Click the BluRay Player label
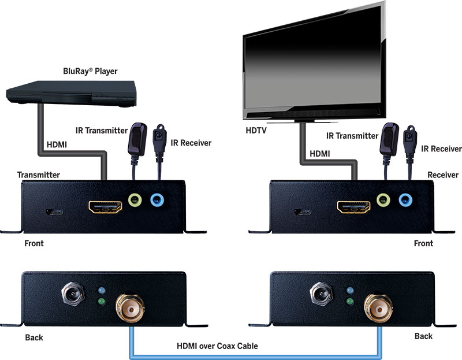[90, 71]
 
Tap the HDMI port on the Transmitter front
[105, 207]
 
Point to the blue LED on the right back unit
[350, 290]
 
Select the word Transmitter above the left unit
[39, 174]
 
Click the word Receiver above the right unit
[443, 174]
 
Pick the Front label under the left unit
[34, 243]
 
